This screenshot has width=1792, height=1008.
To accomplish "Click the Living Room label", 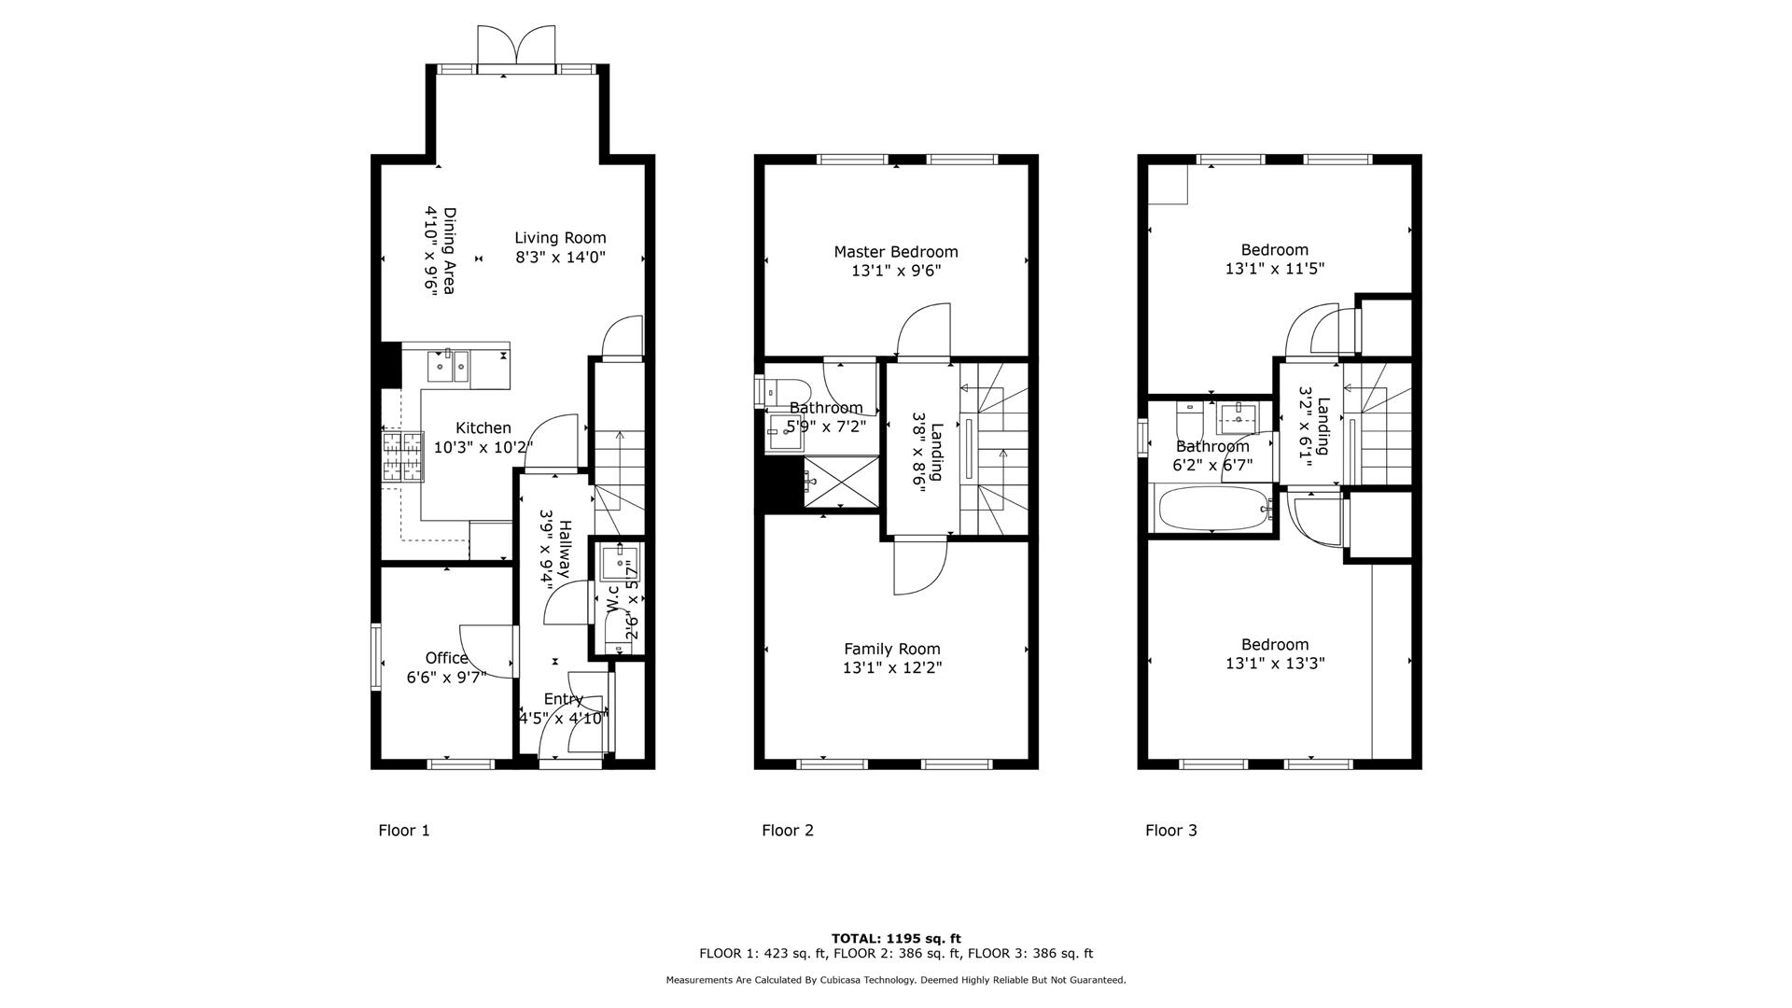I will (x=560, y=238).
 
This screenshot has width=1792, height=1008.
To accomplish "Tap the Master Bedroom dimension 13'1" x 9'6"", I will (x=895, y=272).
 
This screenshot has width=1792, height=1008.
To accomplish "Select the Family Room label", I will (x=891, y=649).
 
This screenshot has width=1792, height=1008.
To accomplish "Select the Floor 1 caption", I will (x=403, y=830).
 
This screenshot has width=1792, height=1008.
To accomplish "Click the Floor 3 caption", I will (x=1170, y=830).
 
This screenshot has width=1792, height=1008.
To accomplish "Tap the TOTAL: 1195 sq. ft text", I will (x=895, y=938).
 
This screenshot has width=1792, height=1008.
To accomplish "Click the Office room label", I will (x=446, y=658).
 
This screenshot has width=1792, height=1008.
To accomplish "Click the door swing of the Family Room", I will (x=919, y=569).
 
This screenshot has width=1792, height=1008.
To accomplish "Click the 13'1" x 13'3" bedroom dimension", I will (x=1274, y=664).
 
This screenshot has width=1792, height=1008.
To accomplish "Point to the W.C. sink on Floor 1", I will (x=618, y=563).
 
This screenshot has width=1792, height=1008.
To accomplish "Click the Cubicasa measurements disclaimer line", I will (x=895, y=980).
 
